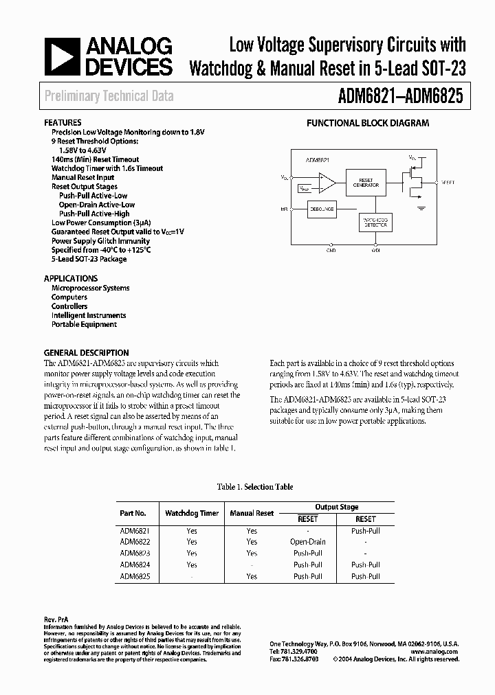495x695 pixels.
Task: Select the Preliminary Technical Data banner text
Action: tap(109, 97)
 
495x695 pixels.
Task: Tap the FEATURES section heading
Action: tap(63, 122)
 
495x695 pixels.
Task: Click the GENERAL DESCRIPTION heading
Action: tap(86, 353)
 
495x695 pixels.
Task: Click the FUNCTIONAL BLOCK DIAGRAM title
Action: tap(367, 124)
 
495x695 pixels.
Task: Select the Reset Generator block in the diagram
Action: tap(366, 183)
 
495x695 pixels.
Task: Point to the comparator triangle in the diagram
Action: tap(326, 183)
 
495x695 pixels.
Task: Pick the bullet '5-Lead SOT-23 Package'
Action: tap(89, 259)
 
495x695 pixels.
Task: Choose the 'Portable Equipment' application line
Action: tap(84, 324)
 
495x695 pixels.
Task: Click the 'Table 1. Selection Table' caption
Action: tap(254, 487)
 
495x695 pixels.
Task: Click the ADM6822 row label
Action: tap(135, 542)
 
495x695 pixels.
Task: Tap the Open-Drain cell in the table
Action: tap(307, 542)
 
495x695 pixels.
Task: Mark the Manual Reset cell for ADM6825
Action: tap(252, 576)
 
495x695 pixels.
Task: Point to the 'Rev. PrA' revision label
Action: tap(56, 619)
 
